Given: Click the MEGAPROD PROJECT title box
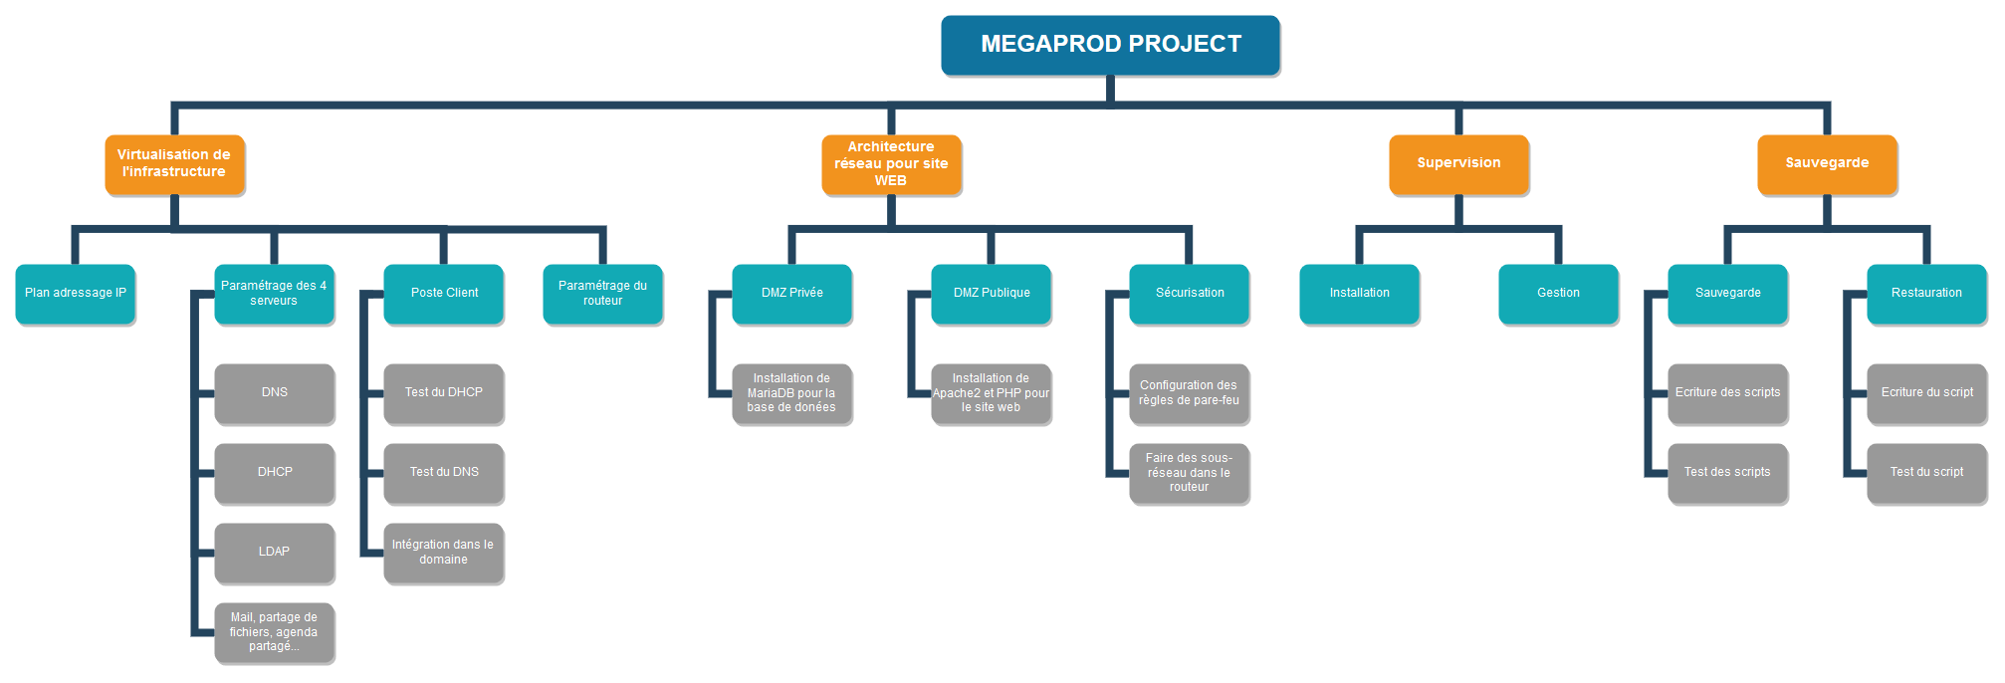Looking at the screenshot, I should pyautogui.click(x=1110, y=45).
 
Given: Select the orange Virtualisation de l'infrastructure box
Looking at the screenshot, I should pyautogui.click(x=174, y=164).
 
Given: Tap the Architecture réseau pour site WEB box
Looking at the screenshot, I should pyautogui.click(x=891, y=164).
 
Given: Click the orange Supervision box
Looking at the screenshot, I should pyautogui.click(x=1458, y=164).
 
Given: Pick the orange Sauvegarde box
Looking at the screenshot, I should pyautogui.click(x=1827, y=164).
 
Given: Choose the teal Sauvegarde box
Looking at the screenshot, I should pyautogui.click(x=1727, y=294).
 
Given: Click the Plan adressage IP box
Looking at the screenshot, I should pyautogui.click(x=76, y=294).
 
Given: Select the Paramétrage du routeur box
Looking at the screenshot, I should pyautogui.click(x=602, y=294).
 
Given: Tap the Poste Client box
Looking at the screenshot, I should pyautogui.click(x=444, y=294).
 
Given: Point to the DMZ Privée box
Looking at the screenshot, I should pyautogui.click(x=791, y=294).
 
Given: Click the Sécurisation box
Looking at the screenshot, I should pyautogui.click(x=1190, y=294).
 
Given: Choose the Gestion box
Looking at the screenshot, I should pyautogui.click(x=1558, y=294).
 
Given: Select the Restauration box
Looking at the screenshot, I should pyautogui.click(x=1926, y=294).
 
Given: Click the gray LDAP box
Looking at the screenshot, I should pyautogui.click(x=275, y=553).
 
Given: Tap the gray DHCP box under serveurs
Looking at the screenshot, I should pyautogui.click(x=275, y=473).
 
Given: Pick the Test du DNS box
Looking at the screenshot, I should pyautogui.click(x=444, y=473).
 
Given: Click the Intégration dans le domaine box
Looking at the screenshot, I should pyautogui.click(x=444, y=553).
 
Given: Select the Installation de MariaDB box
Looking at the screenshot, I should pyautogui.click(x=791, y=393).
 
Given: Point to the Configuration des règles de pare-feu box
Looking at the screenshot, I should pyautogui.click(x=1190, y=393).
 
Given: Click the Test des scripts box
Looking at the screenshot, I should pyautogui.click(x=1727, y=473).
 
